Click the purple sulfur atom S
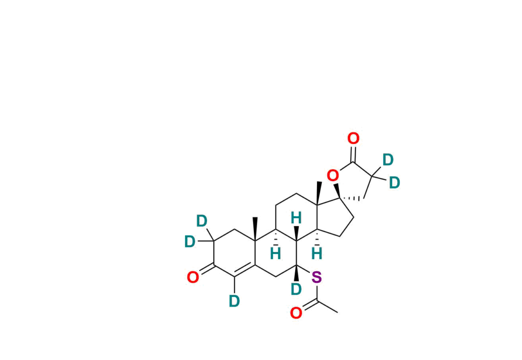tap(317, 277)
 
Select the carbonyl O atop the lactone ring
tap(353, 138)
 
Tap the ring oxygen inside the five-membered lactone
tap(332, 175)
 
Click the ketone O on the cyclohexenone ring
tap(193, 277)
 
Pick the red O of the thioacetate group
tap(296, 313)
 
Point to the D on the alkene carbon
tap(234, 301)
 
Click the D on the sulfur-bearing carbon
tap(296, 290)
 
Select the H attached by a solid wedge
tap(296, 218)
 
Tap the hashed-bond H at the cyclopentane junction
tap(317, 254)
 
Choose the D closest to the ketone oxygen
tap(190, 242)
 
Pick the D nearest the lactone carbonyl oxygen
tap(388, 160)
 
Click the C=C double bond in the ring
tap(245, 270)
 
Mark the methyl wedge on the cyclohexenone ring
tap(255, 229)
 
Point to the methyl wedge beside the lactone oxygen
tap(319, 193)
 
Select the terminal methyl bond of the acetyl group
tap(327, 307)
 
